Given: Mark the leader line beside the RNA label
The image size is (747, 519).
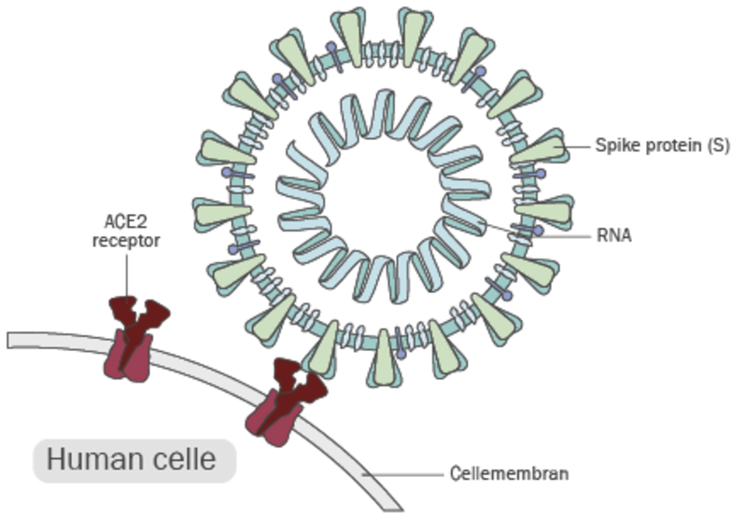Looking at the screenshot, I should pyautogui.click(x=551, y=235).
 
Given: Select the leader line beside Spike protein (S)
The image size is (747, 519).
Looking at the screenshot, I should pyautogui.click(x=579, y=147).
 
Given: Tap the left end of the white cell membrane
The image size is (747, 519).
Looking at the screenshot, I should pyautogui.click(x=11, y=339).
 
